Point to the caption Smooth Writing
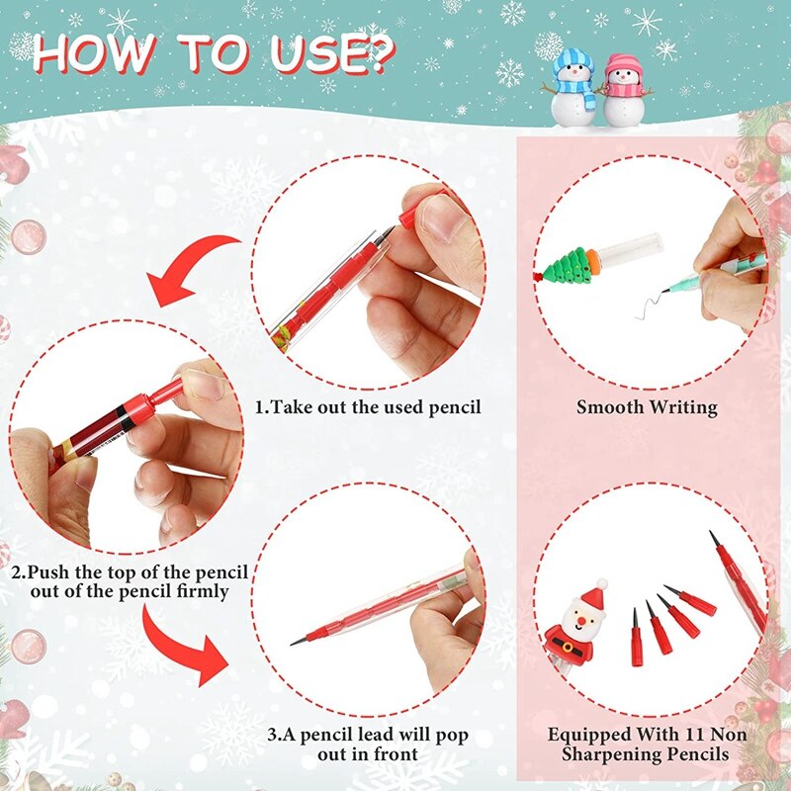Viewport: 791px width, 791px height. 647,406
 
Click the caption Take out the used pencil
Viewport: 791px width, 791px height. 368,406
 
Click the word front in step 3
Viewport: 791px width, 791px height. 395,754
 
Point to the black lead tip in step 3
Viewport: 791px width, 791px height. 296,643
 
